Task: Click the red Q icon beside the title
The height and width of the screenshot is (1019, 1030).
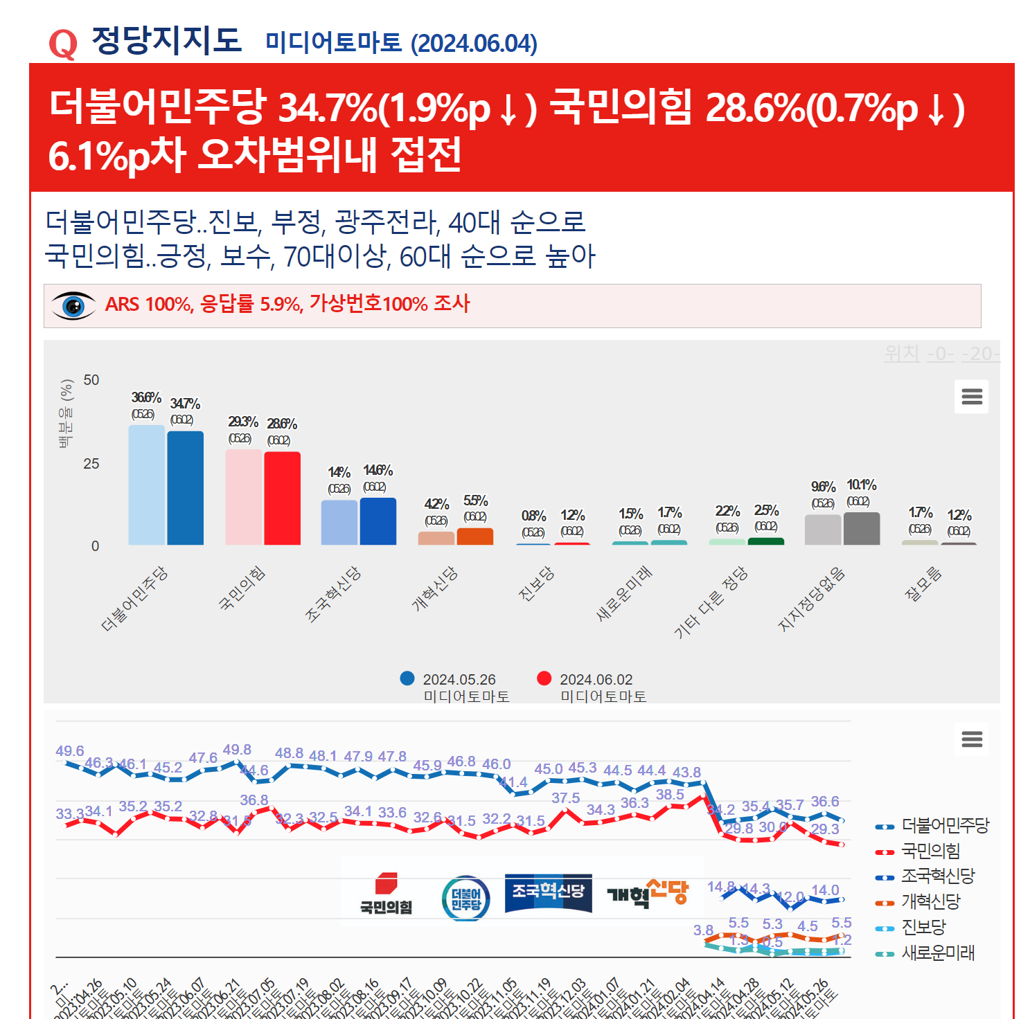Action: click(x=63, y=44)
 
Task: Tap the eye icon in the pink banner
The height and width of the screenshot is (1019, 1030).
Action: click(x=73, y=305)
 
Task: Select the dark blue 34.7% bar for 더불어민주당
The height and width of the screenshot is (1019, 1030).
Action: click(x=186, y=488)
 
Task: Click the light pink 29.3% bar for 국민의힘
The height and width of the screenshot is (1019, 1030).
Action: click(x=243, y=497)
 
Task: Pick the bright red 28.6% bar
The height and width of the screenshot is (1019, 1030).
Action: click(x=282, y=498)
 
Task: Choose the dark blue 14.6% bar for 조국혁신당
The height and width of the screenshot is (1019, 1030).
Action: click(x=378, y=521)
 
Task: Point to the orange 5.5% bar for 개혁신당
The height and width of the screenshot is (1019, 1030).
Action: click(x=475, y=536)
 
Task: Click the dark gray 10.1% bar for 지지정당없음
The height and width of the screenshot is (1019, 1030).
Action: click(x=862, y=529)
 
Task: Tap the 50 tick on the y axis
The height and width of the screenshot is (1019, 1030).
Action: click(x=91, y=380)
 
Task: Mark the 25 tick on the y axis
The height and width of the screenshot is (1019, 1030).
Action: click(x=91, y=464)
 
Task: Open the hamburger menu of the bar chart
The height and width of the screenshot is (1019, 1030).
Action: click(x=972, y=397)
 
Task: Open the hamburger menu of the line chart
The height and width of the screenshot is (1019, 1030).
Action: click(x=972, y=739)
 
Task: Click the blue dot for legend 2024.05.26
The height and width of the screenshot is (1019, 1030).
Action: click(x=407, y=678)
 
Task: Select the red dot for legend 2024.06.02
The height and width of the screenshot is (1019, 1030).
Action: click(x=544, y=678)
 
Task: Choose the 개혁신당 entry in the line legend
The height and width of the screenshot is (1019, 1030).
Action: click(x=930, y=902)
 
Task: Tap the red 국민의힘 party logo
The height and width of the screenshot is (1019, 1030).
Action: click(x=386, y=894)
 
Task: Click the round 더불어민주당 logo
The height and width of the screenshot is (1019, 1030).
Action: click(x=465, y=899)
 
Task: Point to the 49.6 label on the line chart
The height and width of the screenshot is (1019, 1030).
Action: click(x=70, y=751)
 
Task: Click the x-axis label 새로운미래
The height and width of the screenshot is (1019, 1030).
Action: click(x=624, y=593)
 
